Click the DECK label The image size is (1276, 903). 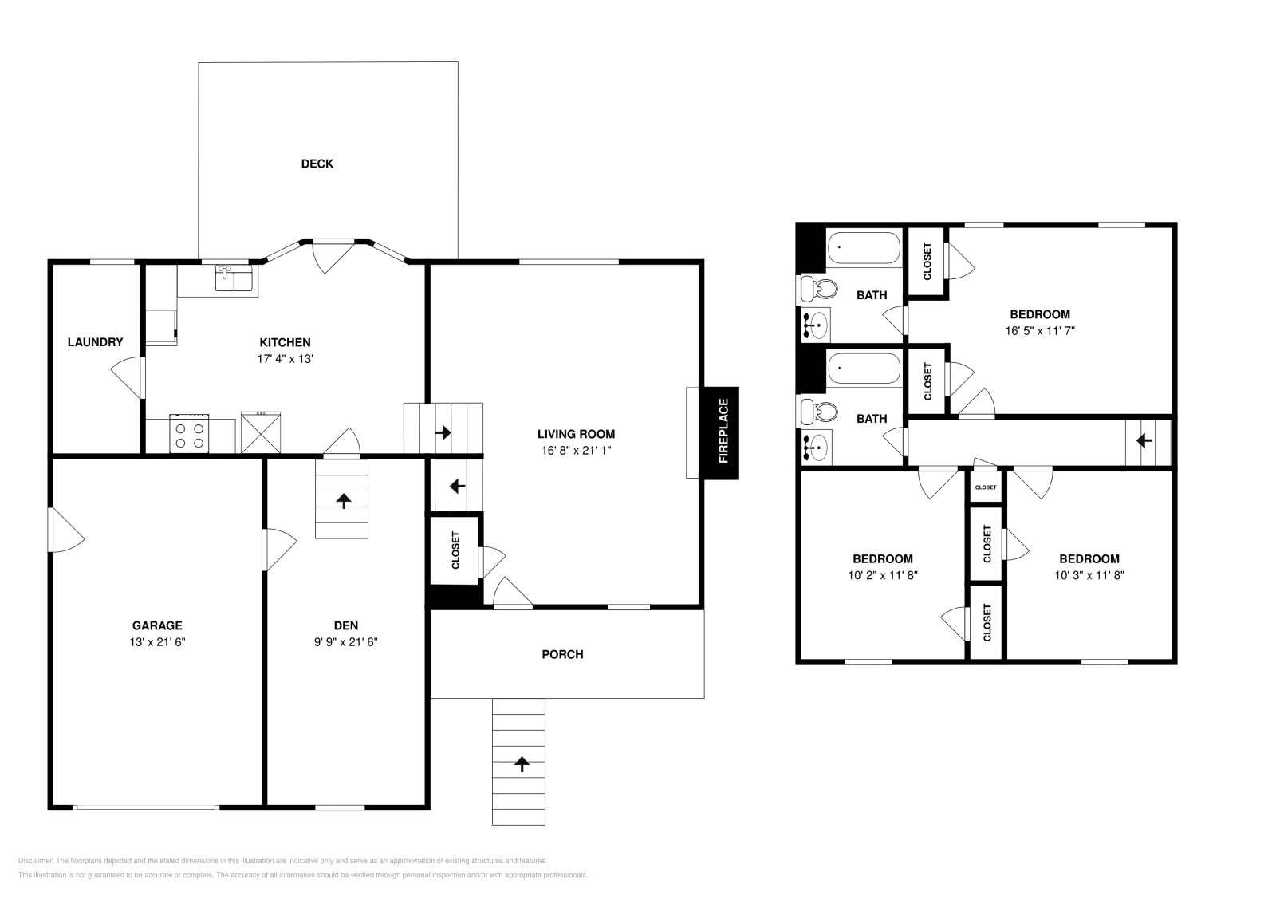(x=317, y=164)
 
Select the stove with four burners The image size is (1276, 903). (x=190, y=434)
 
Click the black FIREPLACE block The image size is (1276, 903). (x=723, y=433)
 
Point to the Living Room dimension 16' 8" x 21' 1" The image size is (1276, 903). (x=576, y=451)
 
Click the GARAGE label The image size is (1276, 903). (x=157, y=625)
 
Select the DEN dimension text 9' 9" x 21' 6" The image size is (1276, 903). (x=345, y=642)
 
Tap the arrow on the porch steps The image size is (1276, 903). (x=522, y=764)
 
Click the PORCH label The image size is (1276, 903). (x=562, y=654)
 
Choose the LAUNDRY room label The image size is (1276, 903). (x=95, y=342)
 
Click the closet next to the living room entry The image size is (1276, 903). (x=455, y=550)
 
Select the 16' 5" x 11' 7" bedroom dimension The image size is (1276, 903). (x=1039, y=330)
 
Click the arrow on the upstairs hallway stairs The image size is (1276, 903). (x=1144, y=440)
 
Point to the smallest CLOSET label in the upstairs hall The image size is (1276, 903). (x=985, y=487)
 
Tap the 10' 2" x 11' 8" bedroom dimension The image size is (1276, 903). (x=882, y=575)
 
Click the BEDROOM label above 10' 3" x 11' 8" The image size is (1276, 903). (x=1089, y=559)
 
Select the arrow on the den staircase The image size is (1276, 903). (x=344, y=501)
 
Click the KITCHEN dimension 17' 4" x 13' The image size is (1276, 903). (x=284, y=359)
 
